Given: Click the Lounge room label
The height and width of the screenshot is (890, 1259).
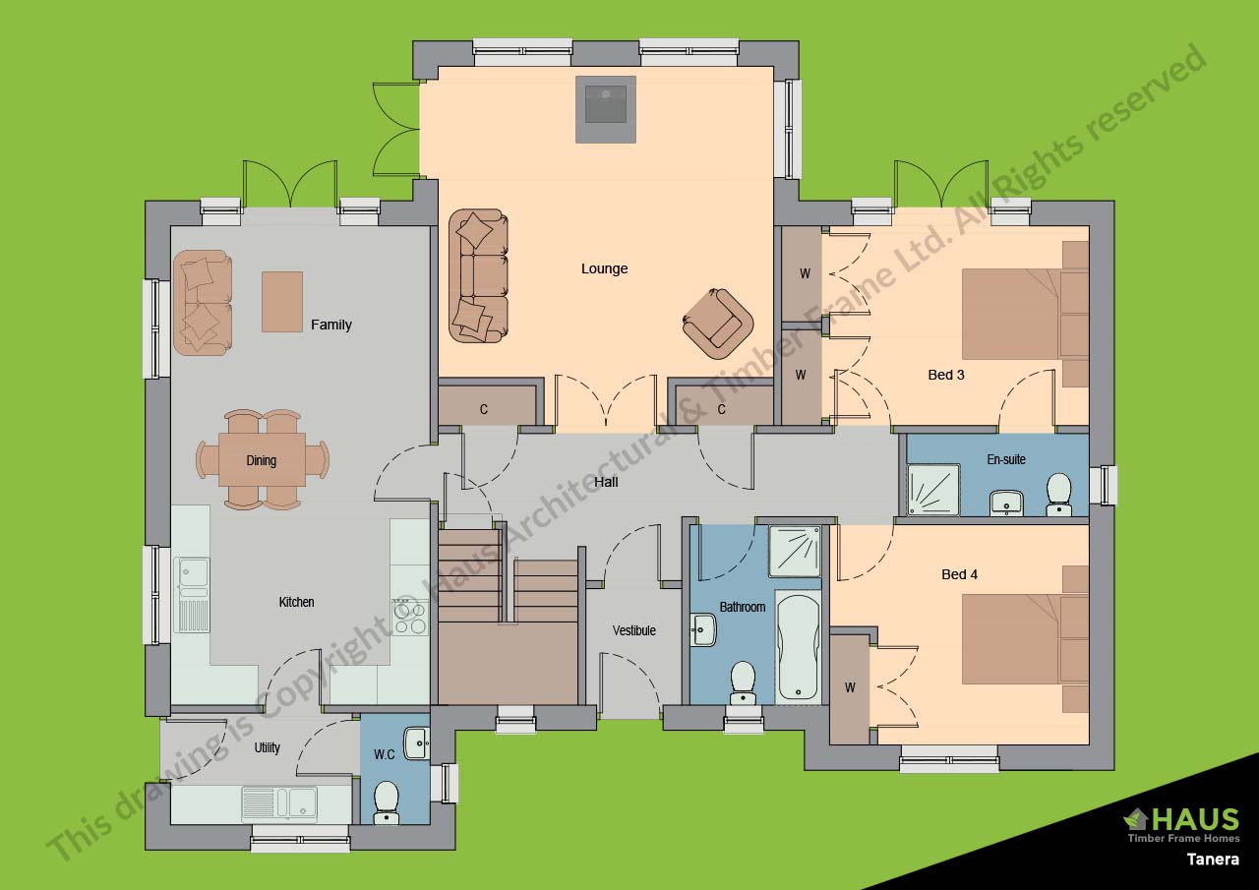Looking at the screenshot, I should pos(604,268).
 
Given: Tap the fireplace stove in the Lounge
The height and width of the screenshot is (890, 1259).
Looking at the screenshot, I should pos(605,106).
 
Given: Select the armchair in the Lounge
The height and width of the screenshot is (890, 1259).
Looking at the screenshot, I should pos(718,323).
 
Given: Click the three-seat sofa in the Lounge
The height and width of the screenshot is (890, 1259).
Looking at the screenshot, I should pos(479,275).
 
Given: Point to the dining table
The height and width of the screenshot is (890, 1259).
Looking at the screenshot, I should pos(262,460).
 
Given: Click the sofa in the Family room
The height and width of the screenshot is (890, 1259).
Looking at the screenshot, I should pos(203,302).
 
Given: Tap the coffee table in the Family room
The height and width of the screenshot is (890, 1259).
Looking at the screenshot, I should pos(282,301).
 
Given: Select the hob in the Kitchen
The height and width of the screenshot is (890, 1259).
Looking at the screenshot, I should pos(409,617).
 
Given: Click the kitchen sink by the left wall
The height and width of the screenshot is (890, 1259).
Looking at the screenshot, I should pos(193,594).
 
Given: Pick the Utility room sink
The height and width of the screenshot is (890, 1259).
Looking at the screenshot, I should pos(279,802).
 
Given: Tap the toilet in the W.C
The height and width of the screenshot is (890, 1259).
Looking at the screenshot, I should pos(387,801).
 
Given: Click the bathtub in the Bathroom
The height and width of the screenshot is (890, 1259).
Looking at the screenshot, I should pos(798,646).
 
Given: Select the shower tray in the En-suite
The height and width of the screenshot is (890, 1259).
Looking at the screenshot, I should pos(929,490).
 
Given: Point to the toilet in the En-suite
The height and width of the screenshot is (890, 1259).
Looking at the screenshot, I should pos(1058,493).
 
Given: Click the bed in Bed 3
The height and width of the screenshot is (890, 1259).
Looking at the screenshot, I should pos(1023,314).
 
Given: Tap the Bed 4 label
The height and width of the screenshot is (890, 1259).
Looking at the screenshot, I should pos(959,574).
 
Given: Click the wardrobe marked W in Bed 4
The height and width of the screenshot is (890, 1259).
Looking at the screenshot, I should pos(850,688).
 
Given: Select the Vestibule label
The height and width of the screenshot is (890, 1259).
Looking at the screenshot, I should pos(633,630).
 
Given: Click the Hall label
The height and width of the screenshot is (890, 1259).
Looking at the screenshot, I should pos(606,482).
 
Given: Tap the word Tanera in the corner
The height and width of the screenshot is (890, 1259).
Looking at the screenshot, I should pos(1212,859).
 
